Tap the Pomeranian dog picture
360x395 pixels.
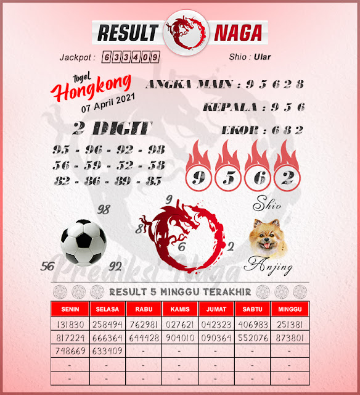coord(268,238)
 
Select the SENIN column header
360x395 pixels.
coord(70,308)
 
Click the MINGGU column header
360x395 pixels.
coord(290,308)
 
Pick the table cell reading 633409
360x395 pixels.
coord(107,351)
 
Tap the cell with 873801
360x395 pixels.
coord(290,338)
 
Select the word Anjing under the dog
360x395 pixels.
coord(268,267)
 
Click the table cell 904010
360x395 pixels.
coord(180,338)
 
